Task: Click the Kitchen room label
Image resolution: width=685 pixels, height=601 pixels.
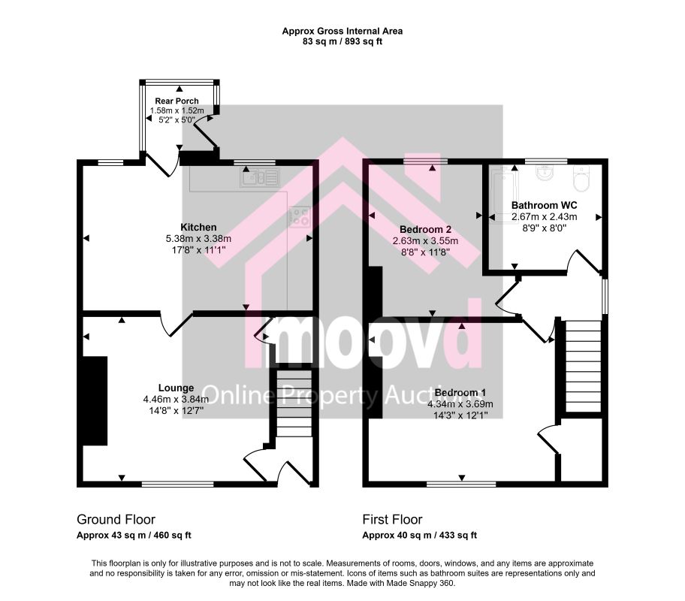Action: click(x=198, y=228)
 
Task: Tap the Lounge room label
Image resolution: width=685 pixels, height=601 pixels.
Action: click(x=176, y=388)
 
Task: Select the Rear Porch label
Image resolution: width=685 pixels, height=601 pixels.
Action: click(x=177, y=101)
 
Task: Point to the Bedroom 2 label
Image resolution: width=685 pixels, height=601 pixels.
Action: click(x=425, y=229)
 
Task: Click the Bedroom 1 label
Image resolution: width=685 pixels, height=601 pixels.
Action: click(x=460, y=392)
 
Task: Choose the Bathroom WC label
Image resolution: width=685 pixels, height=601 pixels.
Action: click(x=544, y=205)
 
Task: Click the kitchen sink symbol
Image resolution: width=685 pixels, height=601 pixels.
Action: click(x=259, y=178)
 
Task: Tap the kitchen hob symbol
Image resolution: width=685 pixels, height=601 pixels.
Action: click(x=299, y=217)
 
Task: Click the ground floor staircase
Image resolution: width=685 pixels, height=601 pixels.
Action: click(x=294, y=403)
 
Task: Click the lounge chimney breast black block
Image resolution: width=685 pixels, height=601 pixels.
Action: click(x=95, y=401)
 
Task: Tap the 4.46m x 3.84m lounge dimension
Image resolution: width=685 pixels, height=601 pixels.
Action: click(x=176, y=399)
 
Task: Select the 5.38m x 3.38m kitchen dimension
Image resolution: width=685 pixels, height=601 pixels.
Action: click(x=198, y=239)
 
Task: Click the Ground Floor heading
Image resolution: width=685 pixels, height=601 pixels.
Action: click(x=116, y=519)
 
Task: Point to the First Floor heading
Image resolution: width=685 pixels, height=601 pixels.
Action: click(x=392, y=519)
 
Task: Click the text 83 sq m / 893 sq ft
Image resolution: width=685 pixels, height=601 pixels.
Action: click(x=342, y=42)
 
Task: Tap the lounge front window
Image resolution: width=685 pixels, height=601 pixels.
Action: click(x=178, y=484)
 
